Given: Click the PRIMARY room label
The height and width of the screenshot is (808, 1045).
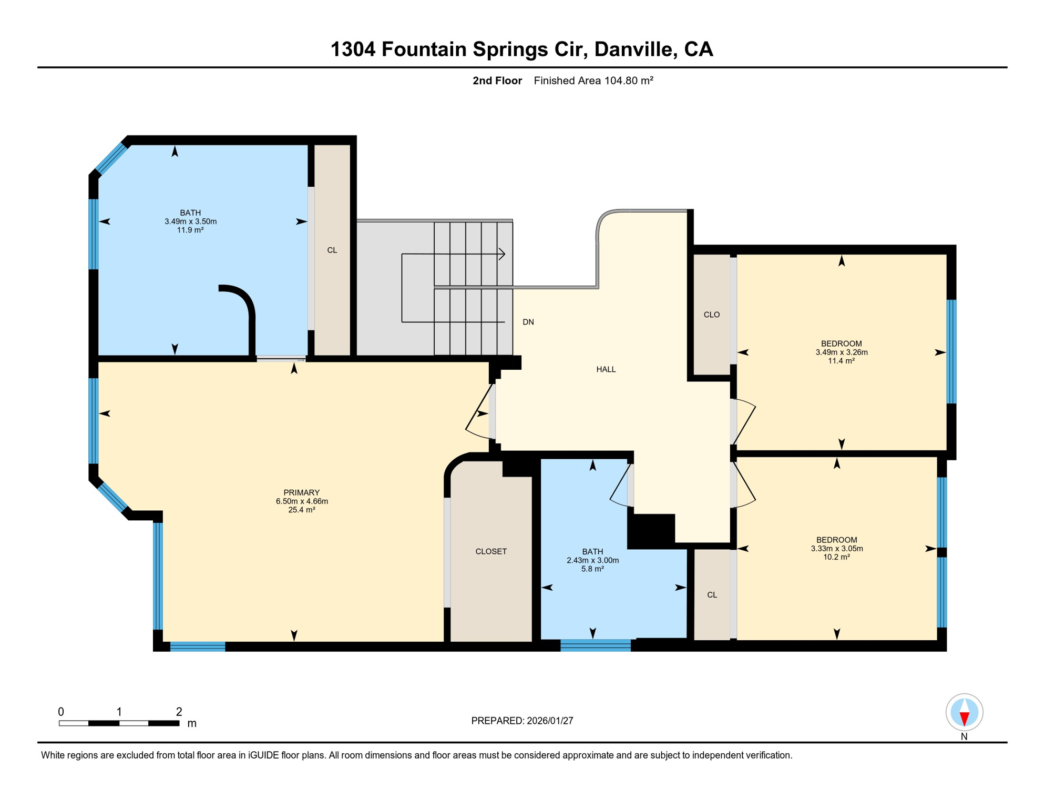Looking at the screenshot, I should tap(301, 493).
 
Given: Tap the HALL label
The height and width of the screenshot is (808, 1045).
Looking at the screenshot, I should tap(606, 370).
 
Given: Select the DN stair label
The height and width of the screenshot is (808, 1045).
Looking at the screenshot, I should tap(528, 322).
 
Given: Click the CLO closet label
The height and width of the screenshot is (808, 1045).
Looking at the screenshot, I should tap(711, 315).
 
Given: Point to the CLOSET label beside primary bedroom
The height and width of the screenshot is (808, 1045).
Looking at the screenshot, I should tap(490, 551).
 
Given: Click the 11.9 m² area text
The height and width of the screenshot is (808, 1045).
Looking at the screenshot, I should tap(190, 230).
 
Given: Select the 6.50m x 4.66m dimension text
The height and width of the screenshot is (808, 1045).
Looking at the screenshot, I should tap(302, 501).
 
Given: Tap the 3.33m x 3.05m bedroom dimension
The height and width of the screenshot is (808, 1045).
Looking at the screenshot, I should tap(836, 549).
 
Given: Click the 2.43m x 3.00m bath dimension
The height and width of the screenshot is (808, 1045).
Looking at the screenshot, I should tap(592, 560).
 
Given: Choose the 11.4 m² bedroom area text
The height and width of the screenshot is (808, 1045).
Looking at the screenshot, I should tap(841, 361).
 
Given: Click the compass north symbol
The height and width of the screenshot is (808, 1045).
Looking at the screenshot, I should tap(964, 713).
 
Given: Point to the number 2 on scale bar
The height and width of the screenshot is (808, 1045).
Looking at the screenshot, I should tap(179, 712).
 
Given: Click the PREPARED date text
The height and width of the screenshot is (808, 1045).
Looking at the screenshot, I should tap(522, 721).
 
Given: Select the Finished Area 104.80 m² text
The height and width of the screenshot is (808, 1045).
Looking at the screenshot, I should tap(593, 80).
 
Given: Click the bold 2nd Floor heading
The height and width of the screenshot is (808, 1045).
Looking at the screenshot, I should tap(497, 80).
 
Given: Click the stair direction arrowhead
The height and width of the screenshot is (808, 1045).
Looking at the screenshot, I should tap(502, 254).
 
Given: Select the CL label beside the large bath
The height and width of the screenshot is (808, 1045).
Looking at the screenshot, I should tap(332, 250).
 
